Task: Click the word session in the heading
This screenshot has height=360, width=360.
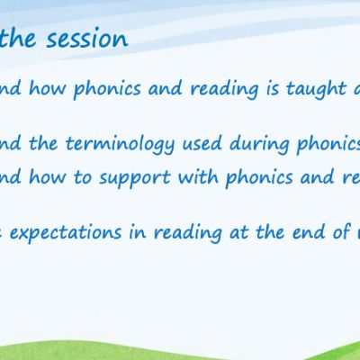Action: pyautogui.click(x=87, y=40)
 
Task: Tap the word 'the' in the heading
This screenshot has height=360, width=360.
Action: pyautogui.click(x=17, y=38)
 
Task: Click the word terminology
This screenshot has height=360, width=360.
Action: pyautogui.click(x=120, y=144)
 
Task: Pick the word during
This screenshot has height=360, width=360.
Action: pyautogui.click(x=259, y=144)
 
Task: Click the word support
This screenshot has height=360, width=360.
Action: pyautogui.click(x=135, y=177)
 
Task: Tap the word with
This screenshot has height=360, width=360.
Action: pyautogui.click(x=198, y=176)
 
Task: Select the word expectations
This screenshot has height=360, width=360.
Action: pyautogui.click(x=66, y=233)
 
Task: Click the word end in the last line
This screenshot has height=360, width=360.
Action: pyautogui.click(x=308, y=232)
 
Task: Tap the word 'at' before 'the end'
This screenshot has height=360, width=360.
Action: pyautogui.click(x=239, y=233)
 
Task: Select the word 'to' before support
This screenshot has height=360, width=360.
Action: pyautogui.click(x=83, y=177)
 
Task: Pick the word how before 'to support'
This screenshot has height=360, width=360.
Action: pyautogui.click(x=47, y=176)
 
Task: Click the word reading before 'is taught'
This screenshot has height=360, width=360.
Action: pyautogui.click(x=224, y=90)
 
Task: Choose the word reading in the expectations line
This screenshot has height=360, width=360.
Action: pyautogui.click(x=188, y=233)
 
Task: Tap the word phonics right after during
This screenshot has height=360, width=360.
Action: pyautogui.click(x=328, y=145)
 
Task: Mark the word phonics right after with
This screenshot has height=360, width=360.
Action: pyautogui.click(x=259, y=178)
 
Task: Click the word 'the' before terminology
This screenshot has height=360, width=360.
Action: pyautogui.click(x=43, y=143)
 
